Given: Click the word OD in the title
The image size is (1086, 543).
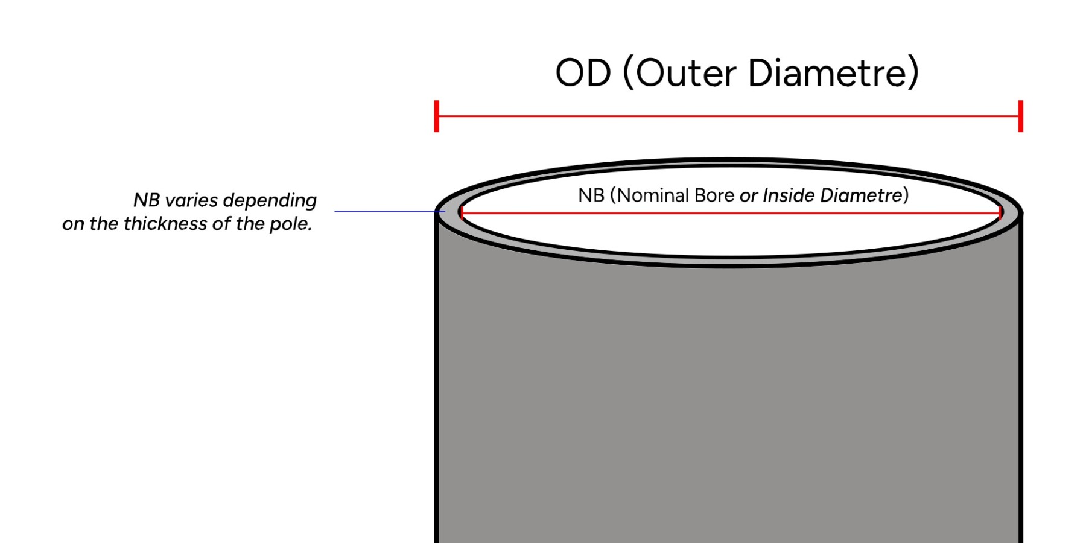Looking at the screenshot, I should coord(583,73).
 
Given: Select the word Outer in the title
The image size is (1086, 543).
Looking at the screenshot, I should coord(687,73).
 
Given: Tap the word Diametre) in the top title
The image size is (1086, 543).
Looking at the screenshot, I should coord(834,73).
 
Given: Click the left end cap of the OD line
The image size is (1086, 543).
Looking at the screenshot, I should coord(436,116).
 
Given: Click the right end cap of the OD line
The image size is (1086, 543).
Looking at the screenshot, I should coord(1020,116).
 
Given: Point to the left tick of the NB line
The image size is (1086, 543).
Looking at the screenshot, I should coord(461,212).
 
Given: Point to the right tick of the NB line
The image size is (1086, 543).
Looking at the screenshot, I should coord(1000,212).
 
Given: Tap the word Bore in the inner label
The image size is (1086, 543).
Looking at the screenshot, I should coord(714,195).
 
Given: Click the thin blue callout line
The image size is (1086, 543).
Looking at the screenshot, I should coord(386,211).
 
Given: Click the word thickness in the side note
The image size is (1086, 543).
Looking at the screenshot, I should coord(165,224).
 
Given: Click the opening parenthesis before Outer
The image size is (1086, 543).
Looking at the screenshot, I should coord(627,73).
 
